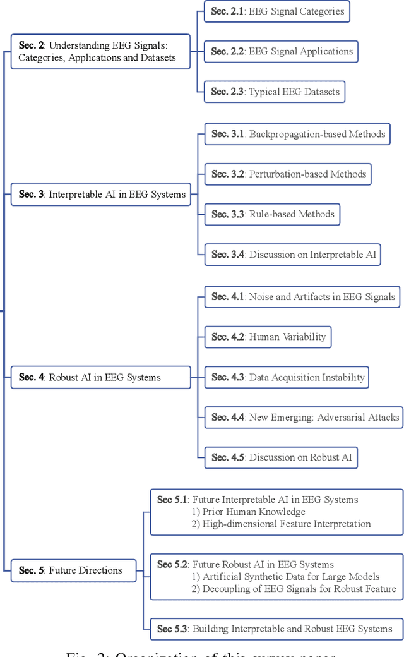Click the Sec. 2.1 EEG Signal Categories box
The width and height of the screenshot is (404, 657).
coord(277,11)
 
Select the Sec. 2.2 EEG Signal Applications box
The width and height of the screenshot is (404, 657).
coord(282,51)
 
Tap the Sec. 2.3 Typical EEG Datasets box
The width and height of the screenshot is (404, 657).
coord(275,92)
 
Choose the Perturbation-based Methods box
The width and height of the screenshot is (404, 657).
coord(288,174)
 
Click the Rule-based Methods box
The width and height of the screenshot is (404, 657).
coord(272,214)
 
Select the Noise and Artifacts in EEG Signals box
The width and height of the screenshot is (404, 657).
coord(303,296)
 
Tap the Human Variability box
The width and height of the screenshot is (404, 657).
coord(268,337)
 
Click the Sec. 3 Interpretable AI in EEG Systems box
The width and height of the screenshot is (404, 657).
coord(100,194)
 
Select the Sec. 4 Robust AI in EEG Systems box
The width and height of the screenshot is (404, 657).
coord(100,377)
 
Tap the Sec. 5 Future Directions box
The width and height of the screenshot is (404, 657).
coord(74,570)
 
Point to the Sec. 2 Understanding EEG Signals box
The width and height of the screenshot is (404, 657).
coord(100,52)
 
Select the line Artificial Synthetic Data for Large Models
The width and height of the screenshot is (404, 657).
coord(291,577)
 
